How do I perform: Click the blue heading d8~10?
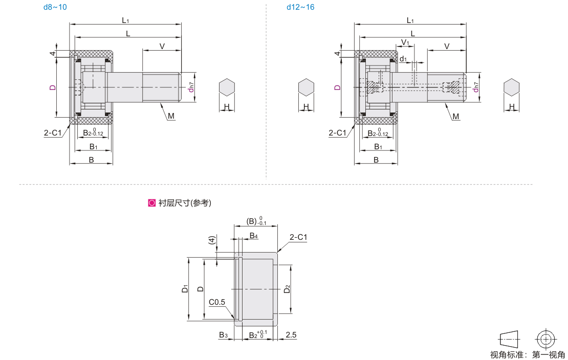point(55,7)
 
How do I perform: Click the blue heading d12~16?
point(300,7)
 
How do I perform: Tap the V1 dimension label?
point(405,43)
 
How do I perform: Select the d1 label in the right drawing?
point(403,59)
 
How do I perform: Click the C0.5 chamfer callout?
point(216,302)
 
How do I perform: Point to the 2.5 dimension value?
point(291,335)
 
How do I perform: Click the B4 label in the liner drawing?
point(254,236)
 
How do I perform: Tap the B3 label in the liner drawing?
point(223,335)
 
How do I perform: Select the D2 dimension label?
point(287,289)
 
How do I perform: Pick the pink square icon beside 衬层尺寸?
point(152,203)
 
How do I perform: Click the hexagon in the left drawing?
point(227,87)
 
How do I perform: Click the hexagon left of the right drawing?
point(306,87)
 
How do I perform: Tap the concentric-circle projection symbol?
point(545,340)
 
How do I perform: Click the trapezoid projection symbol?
point(509,340)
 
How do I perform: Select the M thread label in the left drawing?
point(171,116)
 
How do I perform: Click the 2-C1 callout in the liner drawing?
point(298,237)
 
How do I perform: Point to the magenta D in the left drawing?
point(53,87)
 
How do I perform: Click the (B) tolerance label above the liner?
point(256,221)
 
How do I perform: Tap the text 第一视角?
point(548,354)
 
